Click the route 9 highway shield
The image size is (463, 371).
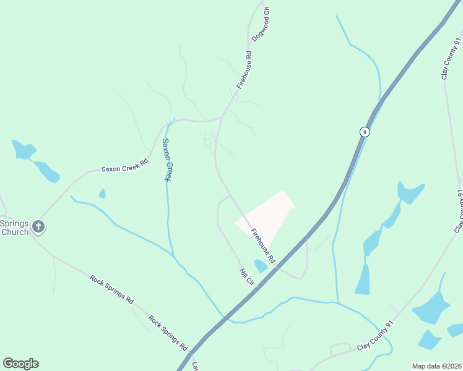pos(365,132)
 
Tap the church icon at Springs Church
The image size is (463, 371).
pos(38,227)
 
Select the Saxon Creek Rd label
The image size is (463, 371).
pos(126,165)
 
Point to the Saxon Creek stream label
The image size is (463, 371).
pos(167,159)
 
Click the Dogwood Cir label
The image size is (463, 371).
pos(261,24)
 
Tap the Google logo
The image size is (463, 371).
pos(20,364)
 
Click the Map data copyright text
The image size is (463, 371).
pos(436,365)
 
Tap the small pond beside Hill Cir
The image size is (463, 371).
pos(261,266)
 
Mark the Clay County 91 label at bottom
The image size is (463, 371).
pos(376,336)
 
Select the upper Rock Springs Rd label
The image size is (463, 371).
pos(111,289)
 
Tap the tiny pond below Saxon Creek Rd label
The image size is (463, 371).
pos(102,194)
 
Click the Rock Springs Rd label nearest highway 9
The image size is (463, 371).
pos(168,331)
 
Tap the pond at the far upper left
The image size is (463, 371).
pos(24,150)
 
